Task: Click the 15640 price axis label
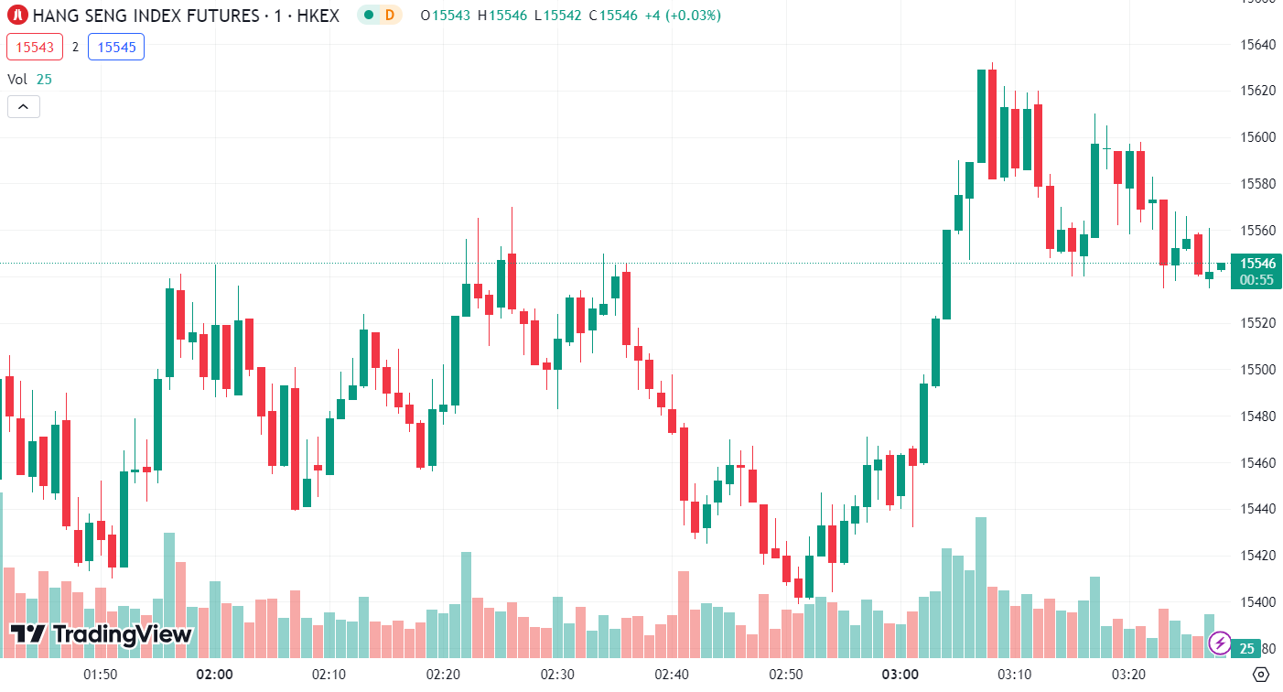[1257, 44]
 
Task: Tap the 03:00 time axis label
[900, 675]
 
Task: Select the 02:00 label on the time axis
[214, 675]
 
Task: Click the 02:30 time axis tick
[557, 675]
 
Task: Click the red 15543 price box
[35, 47]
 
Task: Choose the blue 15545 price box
[116, 47]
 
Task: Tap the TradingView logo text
[102, 633]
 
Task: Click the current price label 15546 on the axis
[1257, 264]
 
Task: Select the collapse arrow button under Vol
[23, 107]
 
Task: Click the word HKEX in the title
[319, 16]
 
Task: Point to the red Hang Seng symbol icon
[16, 16]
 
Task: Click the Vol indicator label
[17, 80]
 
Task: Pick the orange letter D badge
[390, 16]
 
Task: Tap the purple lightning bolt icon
[1219, 642]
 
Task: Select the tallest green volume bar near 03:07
[981, 586]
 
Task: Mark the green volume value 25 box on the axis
[1246, 649]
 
